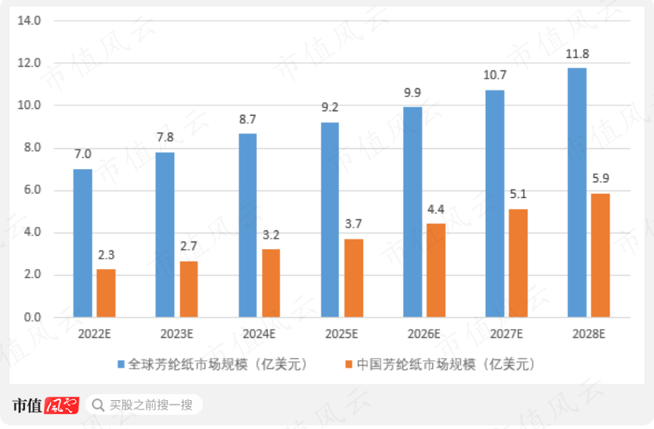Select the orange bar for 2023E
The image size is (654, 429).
coord(189,289)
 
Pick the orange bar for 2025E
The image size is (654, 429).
coord(353,278)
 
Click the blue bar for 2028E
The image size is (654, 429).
coord(577,193)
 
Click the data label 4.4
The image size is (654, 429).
coord(436,209)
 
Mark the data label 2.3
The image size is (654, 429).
coord(106,255)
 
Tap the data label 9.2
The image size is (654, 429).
coord(330,107)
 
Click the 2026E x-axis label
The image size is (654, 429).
coord(424,333)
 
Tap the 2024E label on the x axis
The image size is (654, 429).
coord(259,333)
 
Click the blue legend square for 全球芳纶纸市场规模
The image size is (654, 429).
coord(121,365)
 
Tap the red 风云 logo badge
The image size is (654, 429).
coord(61,405)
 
